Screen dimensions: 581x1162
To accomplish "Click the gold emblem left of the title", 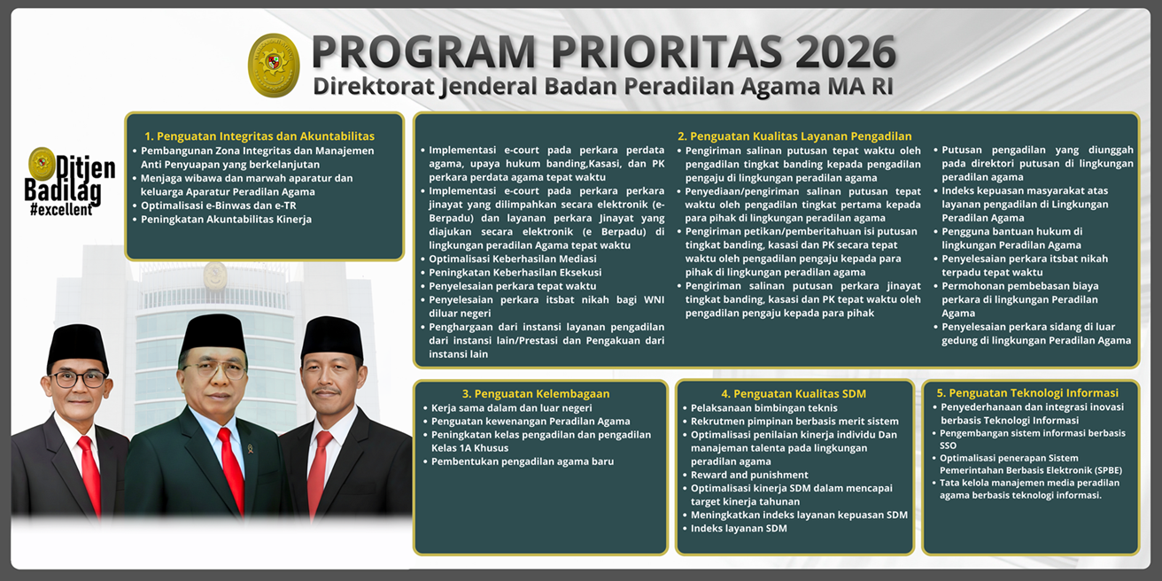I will pos(274,65).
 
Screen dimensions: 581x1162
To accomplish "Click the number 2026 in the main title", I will pos(846,53).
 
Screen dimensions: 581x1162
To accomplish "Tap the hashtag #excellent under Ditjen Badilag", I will pos(60,210).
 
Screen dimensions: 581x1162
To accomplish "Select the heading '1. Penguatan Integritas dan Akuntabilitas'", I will pos(260,136).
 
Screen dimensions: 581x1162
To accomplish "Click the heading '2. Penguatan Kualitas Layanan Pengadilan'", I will pos(794,136).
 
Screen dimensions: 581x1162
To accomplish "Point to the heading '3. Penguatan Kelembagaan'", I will pos(535,393).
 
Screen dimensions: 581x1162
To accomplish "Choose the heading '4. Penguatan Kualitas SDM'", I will pos(793,393).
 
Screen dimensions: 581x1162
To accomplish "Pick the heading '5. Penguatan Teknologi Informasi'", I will pos(1027,392).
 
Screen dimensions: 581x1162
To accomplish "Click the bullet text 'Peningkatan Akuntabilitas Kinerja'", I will pos(226,220).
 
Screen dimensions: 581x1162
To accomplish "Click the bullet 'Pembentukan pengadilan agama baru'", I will pos(522,461).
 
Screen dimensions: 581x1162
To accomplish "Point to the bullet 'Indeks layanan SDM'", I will pos(739,529).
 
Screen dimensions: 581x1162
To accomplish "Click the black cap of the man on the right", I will pos(332,336).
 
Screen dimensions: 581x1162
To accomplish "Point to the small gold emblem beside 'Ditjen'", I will pos(42,164).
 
